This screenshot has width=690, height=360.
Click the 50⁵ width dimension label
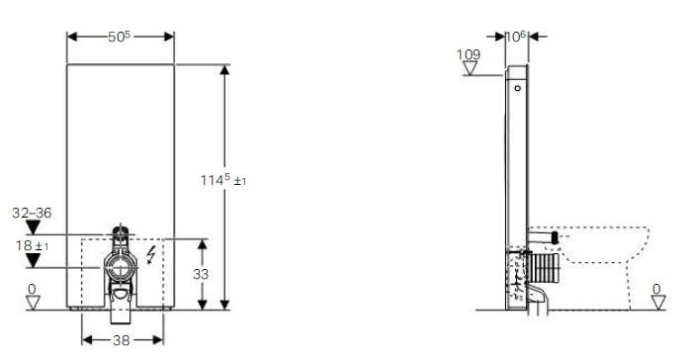tap(120, 37)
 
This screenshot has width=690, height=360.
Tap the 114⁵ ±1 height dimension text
tap(223, 180)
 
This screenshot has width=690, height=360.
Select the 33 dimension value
tap(201, 274)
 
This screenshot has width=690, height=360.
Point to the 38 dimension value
tap(122, 340)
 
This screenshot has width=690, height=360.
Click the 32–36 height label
tap(32, 213)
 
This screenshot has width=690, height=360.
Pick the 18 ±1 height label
tap(32, 245)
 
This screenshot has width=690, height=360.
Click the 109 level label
tap(469, 54)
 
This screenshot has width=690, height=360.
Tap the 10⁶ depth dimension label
tap(516, 37)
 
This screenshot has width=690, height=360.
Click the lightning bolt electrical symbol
tap(151, 255)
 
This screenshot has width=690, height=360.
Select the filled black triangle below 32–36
tap(33, 227)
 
